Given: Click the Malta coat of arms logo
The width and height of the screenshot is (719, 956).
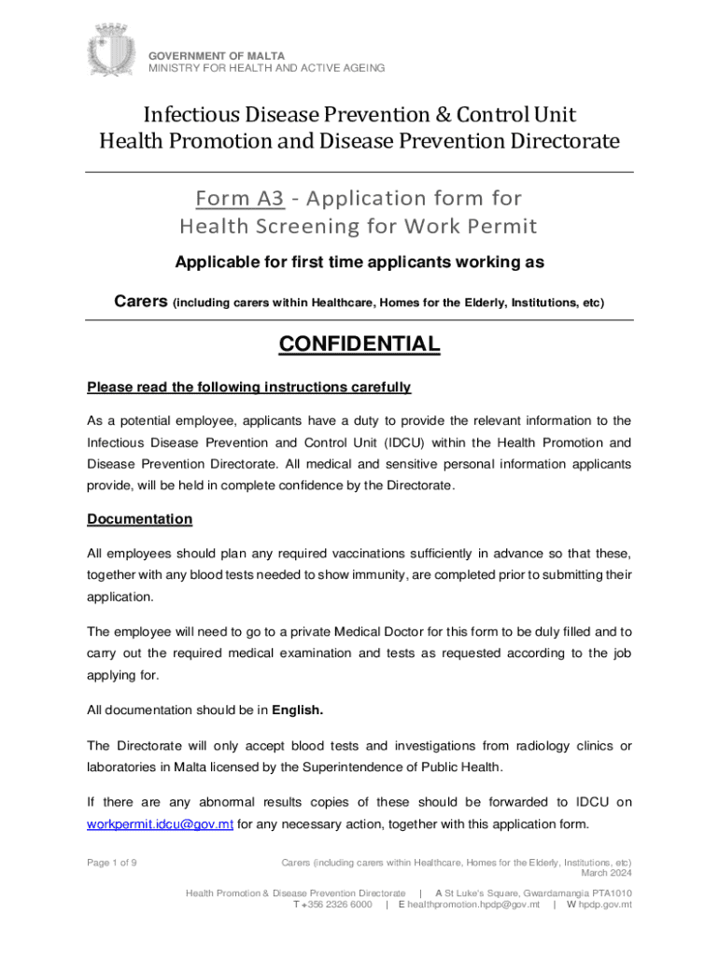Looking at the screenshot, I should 112,51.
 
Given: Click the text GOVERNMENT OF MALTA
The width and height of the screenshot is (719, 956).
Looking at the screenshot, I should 218,56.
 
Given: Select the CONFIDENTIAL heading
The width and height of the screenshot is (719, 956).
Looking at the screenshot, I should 359,344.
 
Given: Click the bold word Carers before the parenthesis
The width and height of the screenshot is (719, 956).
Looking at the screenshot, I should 141,302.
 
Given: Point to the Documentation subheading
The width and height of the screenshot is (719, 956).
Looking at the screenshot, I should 139,519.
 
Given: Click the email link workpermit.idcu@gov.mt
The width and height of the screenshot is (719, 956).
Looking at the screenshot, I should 160,823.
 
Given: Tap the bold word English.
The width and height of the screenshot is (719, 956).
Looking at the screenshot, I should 297,710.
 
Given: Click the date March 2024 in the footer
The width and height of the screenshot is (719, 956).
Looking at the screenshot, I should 606,874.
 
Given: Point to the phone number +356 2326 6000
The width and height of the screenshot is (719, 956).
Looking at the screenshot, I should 337,905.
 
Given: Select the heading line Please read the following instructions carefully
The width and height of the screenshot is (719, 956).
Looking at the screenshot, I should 249,387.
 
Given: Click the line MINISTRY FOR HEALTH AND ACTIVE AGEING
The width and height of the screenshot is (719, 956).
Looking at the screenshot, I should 266,68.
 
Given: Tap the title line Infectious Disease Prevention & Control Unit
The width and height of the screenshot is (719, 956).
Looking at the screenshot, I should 359,115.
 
